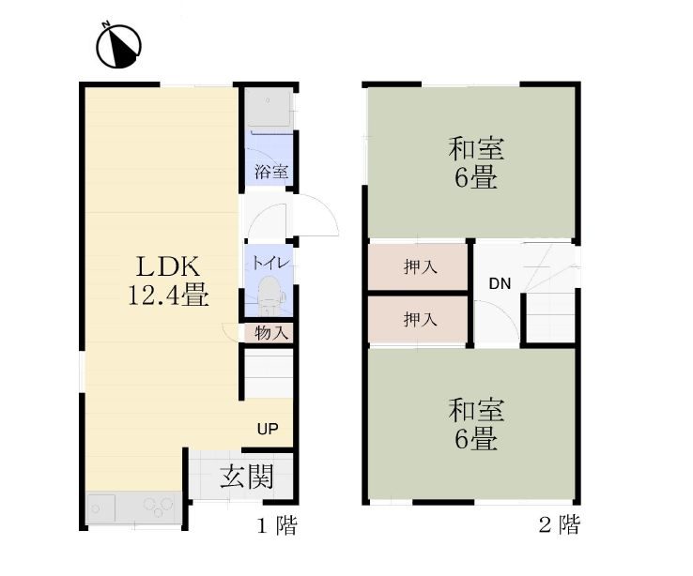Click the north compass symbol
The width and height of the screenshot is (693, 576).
coord(119,43)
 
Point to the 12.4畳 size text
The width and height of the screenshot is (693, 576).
coord(168,296)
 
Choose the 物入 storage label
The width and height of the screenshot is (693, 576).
coord(271,332)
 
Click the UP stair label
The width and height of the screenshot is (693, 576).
coord(268,430)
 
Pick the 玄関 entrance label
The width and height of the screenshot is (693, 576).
coord(247,477)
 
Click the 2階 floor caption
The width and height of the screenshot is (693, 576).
coord(559,525)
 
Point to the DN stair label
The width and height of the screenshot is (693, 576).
coord(499,284)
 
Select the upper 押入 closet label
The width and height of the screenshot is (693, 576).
coord(419,267)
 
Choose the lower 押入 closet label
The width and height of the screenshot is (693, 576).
coord(419,320)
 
